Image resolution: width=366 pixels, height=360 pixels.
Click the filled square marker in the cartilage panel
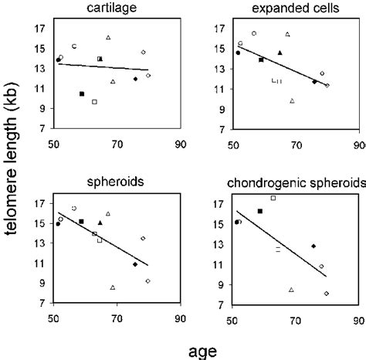point(81,93)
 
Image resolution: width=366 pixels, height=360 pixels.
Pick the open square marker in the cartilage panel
point(94,102)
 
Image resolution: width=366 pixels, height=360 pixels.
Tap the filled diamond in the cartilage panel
point(135,79)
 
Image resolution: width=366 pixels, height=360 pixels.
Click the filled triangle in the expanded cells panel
point(280,53)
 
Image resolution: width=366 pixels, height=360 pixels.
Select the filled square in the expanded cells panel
point(261,59)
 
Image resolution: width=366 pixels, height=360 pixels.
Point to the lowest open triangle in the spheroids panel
point(113,287)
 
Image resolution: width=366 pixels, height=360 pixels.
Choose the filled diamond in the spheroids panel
point(135,264)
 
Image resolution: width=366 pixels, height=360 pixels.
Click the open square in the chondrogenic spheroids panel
point(273,198)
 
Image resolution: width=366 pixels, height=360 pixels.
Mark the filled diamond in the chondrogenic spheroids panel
point(313,246)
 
